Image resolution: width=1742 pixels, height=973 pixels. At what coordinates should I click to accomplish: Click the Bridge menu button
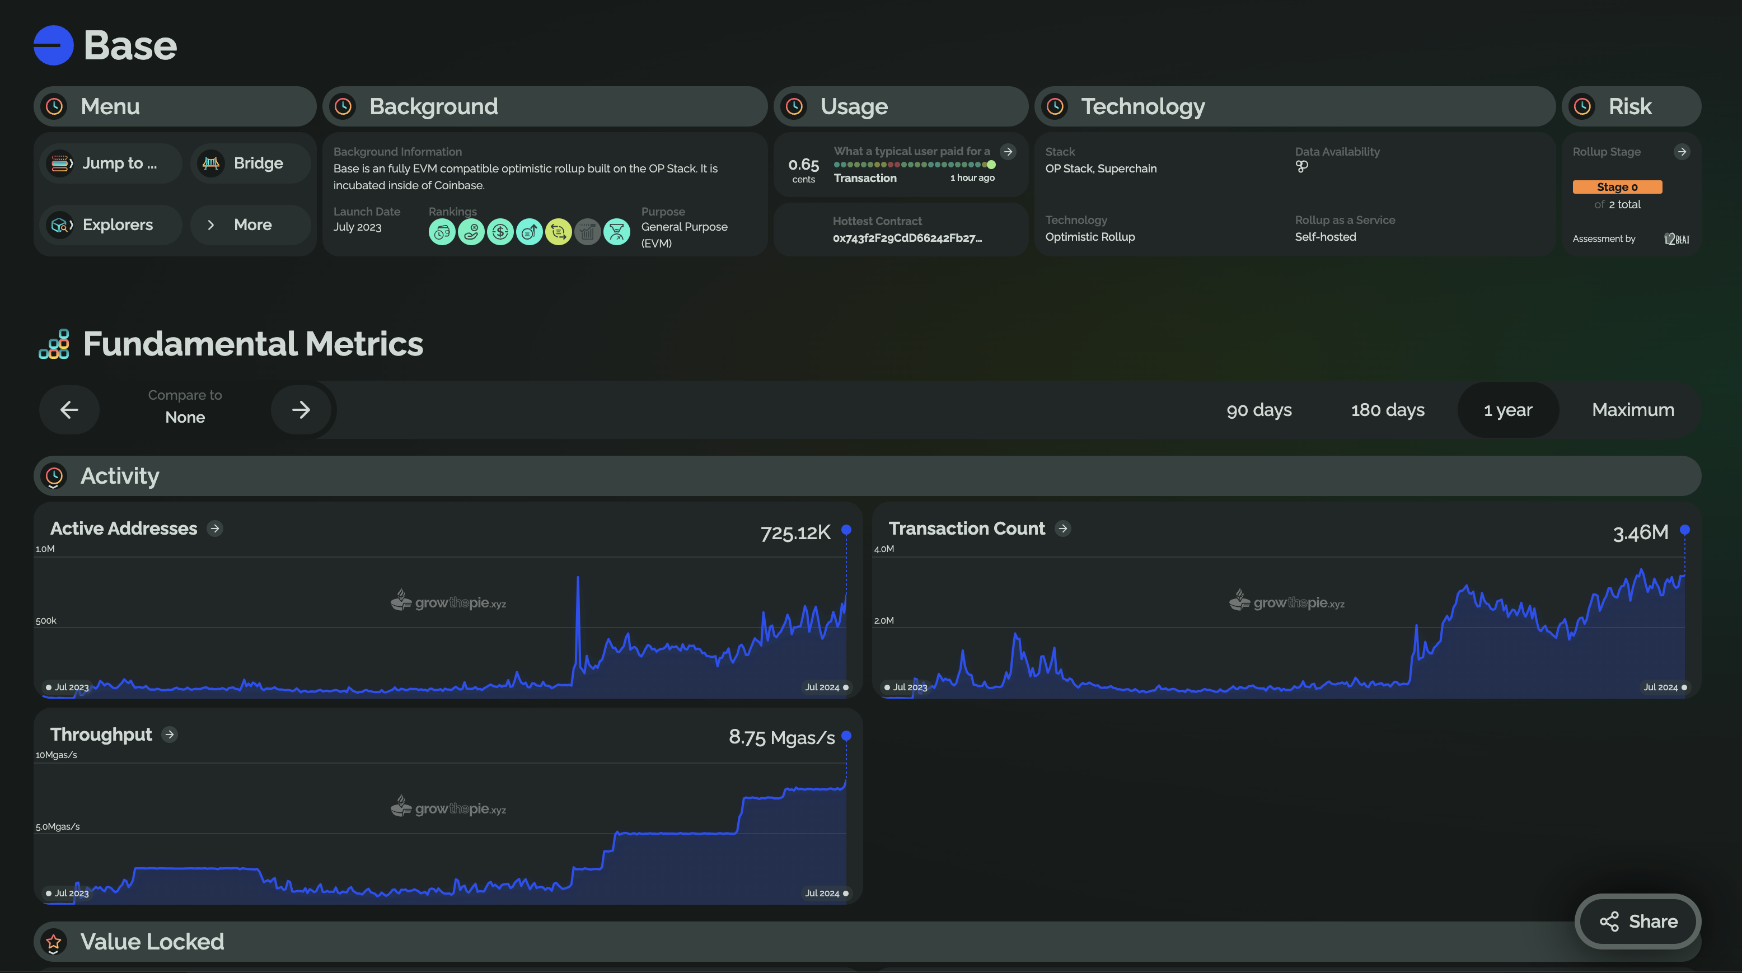pyautogui.click(x=251, y=163)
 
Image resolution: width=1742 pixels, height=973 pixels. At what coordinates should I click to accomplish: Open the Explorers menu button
pyautogui.click(x=111, y=224)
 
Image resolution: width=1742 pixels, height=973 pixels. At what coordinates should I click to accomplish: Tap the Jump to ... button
pyautogui.click(x=111, y=163)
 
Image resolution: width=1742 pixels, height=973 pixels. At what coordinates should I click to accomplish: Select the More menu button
pyautogui.click(x=251, y=224)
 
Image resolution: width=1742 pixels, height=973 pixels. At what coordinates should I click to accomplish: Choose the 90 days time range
pyautogui.click(x=1258, y=410)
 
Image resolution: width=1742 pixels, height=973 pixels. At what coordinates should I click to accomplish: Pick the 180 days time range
pyautogui.click(x=1387, y=410)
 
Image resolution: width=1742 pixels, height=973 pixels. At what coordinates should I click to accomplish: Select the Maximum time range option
pyautogui.click(x=1632, y=410)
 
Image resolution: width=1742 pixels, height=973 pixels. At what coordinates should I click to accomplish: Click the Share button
pyautogui.click(x=1637, y=921)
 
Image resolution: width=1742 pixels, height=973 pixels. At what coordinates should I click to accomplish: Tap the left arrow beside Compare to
pyautogui.click(x=69, y=410)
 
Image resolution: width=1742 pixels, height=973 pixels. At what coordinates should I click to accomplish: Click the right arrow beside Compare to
pyautogui.click(x=301, y=410)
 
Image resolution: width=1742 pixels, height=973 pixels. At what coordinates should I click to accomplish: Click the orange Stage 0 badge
pyautogui.click(x=1617, y=186)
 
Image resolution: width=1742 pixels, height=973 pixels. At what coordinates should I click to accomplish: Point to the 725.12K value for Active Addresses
pyautogui.click(x=795, y=533)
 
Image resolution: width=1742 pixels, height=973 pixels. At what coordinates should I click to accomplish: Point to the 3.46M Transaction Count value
pyautogui.click(x=1640, y=533)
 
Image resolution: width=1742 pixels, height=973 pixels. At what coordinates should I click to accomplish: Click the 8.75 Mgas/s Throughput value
pyautogui.click(x=782, y=737)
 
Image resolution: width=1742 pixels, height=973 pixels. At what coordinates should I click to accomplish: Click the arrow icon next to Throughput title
pyautogui.click(x=170, y=735)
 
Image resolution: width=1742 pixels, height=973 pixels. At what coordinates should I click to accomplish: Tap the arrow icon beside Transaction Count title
pyautogui.click(x=1062, y=528)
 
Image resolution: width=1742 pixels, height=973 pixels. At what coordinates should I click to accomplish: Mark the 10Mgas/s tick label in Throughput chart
pyautogui.click(x=56, y=755)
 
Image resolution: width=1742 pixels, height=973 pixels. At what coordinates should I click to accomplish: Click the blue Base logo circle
pyautogui.click(x=53, y=45)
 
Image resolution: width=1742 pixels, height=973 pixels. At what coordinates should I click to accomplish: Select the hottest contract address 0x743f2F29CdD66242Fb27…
pyautogui.click(x=907, y=237)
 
